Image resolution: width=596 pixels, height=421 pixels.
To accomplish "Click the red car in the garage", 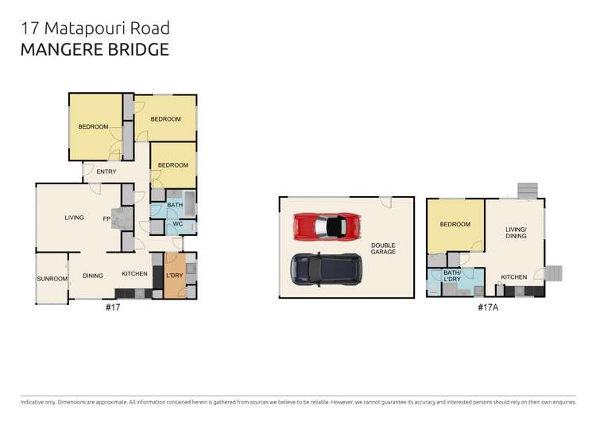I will pos(325,226).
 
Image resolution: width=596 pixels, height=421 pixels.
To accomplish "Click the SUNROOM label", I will pos(52,279).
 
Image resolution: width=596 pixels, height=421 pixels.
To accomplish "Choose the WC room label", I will pos(178,225).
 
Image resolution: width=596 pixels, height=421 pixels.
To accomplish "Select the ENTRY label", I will pos(106,172).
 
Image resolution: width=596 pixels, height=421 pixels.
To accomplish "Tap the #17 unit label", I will pos(112,306).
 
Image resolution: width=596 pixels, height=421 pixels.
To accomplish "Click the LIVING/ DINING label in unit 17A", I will pos(517,233).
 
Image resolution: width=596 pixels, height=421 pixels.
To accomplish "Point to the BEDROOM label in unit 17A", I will pos(455,225).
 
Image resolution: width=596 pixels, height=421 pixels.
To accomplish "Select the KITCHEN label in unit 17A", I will pos(513,277).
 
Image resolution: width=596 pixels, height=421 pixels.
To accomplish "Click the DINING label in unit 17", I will pos(93,276).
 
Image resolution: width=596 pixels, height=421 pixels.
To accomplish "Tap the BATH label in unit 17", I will pos(175,205).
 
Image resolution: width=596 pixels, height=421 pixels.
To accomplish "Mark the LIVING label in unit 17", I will pos(75,217).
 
